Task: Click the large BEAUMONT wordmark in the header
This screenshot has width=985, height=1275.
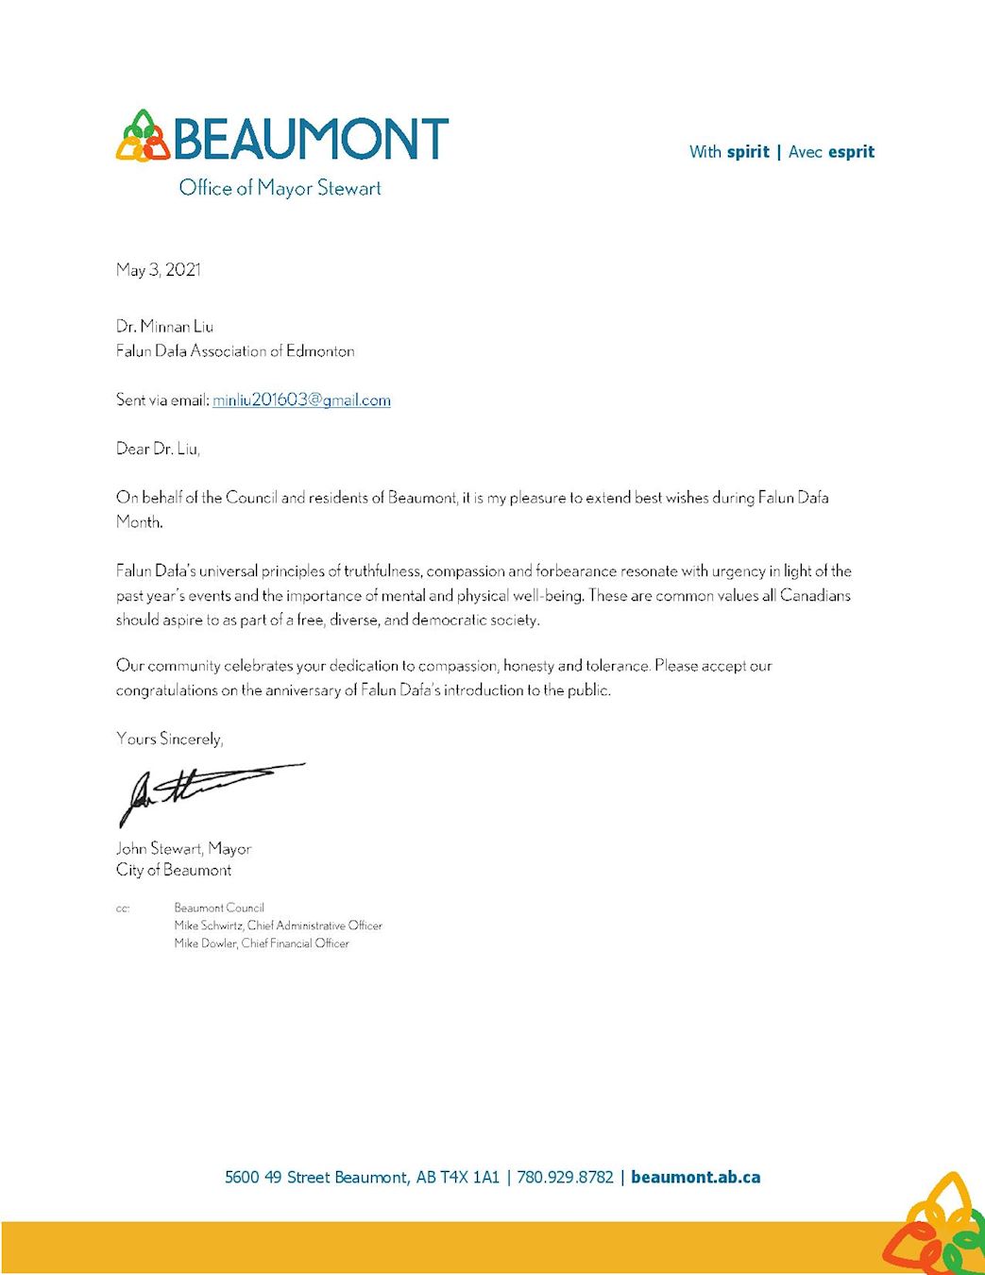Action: [x=311, y=139]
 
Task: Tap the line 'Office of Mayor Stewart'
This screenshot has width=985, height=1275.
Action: [x=280, y=188]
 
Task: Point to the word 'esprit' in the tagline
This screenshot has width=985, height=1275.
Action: [x=851, y=152]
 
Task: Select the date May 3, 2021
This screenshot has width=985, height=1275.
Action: [x=159, y=270]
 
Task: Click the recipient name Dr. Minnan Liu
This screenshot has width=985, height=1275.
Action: [x=164, y=327]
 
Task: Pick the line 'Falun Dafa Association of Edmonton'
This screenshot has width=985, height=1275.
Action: [x=235, y=351]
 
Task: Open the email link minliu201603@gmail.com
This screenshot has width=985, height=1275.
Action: [x=301, y=400]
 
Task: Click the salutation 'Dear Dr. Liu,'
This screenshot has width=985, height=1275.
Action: [x=158, y=449]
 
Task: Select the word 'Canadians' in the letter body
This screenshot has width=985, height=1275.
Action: [x=815, y=596]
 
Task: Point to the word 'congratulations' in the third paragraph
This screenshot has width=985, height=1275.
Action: [x=166, y=690]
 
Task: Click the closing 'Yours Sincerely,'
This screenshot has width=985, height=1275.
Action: [x=170, y=739]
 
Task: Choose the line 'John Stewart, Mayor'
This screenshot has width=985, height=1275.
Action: [x=183, y=849]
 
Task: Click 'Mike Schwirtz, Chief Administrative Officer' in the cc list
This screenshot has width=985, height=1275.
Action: [x=278, y=926]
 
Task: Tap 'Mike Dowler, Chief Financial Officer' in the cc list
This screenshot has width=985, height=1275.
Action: [x=262, y=943]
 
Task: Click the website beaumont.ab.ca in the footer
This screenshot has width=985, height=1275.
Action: [x=695, y=1178]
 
